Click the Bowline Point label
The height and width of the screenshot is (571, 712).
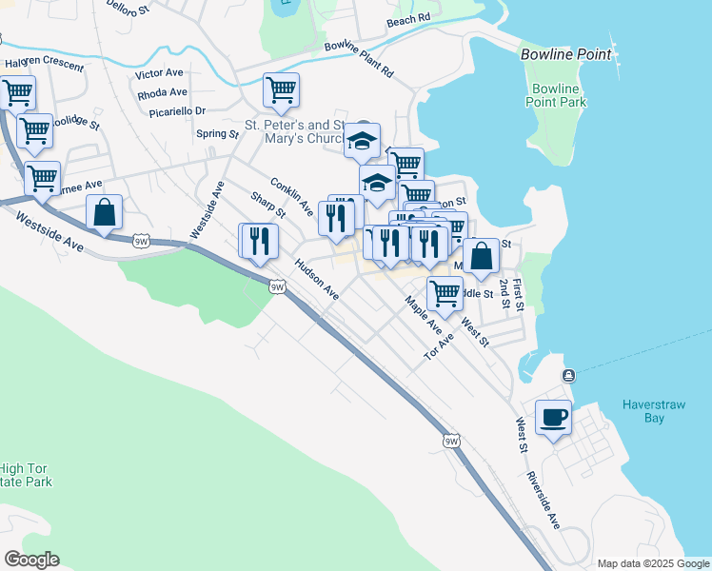point(566,54)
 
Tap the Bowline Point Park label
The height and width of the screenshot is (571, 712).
point(555,95)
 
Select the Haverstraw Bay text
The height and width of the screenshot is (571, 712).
point(654,410)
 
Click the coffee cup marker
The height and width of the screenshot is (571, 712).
point(553,417)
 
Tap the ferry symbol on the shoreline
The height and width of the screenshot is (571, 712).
point(568,374)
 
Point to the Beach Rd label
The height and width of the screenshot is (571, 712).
point(408,19)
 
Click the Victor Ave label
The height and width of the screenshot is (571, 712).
point(159,73)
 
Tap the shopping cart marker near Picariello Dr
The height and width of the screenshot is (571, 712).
point(281,91)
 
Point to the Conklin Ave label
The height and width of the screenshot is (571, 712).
point(291,195)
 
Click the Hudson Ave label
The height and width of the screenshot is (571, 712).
point(317,279)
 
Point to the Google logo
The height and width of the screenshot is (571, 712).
point(31,560)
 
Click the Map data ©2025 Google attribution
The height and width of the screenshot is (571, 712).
point(652,563)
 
